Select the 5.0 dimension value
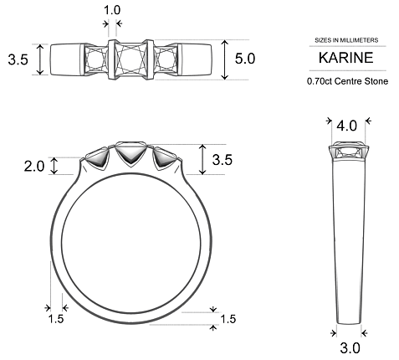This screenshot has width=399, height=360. click(245, 60)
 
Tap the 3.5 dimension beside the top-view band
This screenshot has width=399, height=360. click(18, 60)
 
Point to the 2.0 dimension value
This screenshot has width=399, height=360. click(33, 166)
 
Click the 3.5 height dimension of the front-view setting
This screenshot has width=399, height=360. click(223, 159)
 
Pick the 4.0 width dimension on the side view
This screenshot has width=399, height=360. click(346, 126)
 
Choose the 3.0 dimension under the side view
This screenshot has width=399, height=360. click(350, 347)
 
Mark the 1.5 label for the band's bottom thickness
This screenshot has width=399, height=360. click(228, 319)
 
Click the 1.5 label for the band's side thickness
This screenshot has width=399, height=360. click(55, 319)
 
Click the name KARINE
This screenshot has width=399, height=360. click(346, 59)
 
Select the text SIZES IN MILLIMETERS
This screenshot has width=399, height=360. click(346, 40)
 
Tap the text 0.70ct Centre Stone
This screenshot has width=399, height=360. click(346, 82)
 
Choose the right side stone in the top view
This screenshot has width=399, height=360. click(164, 59)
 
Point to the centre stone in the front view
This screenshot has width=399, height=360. click(131, 152)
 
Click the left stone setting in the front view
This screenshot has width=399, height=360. click(100, 157)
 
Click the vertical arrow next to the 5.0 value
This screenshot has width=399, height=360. click(225, 60)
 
